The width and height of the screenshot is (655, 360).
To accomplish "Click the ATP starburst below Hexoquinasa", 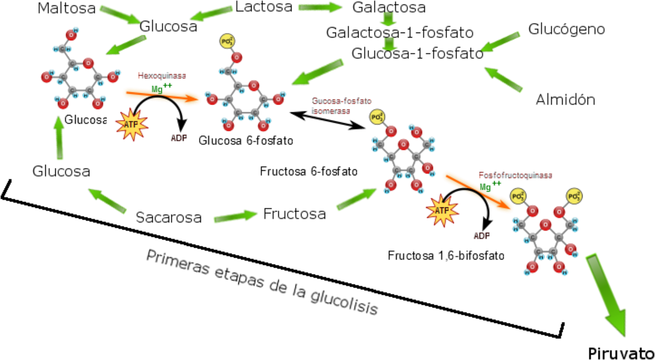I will click(x=131, y=124).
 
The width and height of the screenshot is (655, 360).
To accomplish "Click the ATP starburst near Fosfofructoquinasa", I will click(x=442, y=210).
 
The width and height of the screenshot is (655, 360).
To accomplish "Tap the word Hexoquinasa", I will click(x=162, y=76).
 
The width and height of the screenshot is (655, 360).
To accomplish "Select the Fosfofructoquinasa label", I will click(x=515, y=175).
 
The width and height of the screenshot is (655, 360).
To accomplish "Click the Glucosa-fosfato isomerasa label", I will click(x=340, y=106).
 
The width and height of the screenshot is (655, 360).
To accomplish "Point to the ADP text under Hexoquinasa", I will click(x=179, y=138).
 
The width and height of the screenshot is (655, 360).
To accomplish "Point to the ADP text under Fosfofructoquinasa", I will click(x=482, y=236).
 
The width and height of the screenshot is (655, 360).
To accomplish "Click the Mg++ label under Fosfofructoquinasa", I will click(x=490, y=186).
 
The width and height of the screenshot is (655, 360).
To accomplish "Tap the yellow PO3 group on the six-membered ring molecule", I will click(x=227, y=41).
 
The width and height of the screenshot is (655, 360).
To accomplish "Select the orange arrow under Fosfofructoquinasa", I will click(x=478, y=192).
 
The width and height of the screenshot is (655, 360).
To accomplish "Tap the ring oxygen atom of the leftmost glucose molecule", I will click(x=88, y=63).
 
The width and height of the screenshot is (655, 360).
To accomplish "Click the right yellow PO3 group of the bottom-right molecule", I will click(x=574, y=196).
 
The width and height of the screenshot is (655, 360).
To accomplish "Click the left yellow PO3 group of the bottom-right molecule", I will click(x=518, y=196).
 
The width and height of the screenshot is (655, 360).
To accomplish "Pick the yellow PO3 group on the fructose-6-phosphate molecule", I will click(x=377, y=117).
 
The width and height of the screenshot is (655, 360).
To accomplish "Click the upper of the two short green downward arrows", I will click(x=388, y=19).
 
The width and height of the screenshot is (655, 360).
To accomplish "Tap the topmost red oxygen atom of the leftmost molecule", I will click(x=71, y=35).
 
